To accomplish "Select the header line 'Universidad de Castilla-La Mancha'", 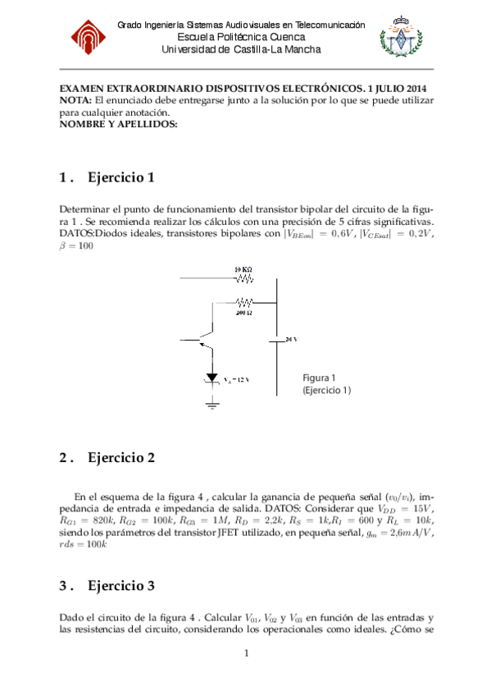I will click(241, 50).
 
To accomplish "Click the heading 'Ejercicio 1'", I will click(121, 178).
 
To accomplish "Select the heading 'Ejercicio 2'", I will click(121, 458).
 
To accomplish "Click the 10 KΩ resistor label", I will click(243, 269).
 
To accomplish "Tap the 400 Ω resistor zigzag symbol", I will click(243, 301).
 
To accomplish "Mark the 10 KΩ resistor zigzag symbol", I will click(243, 279).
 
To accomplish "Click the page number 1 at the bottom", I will click(246, 653).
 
